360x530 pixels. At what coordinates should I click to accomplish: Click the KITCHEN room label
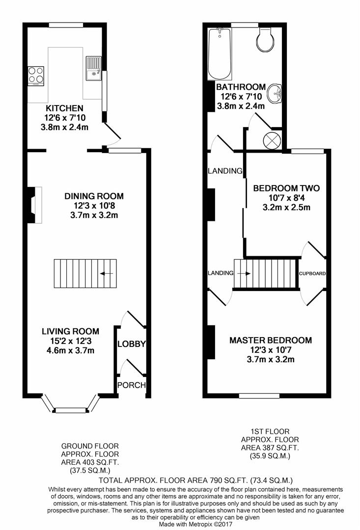(x=64, y=108)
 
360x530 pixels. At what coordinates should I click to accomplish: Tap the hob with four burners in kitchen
(x=35, y=75)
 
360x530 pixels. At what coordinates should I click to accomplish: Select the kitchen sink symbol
(x=93, y=68)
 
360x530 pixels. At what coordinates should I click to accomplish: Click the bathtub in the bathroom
(x=219, y=54)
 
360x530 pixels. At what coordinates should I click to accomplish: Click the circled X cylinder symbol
(x=272, y=140)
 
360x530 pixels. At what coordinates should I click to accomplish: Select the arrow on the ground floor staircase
(x=106, y=274)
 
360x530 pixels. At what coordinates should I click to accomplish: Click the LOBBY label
(x=131, y=344)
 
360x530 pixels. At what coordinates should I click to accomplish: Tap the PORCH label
(x=131, y=385)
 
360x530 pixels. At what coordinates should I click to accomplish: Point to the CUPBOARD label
(x=312, y=273)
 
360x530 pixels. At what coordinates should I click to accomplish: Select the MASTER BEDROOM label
(x=271, y=340)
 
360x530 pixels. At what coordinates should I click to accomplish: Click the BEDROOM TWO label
(x=286, y=188)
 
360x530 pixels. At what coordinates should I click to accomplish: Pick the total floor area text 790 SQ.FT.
(x=196, y=479)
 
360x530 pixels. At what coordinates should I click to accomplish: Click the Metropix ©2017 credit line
(x=196, y=525)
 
